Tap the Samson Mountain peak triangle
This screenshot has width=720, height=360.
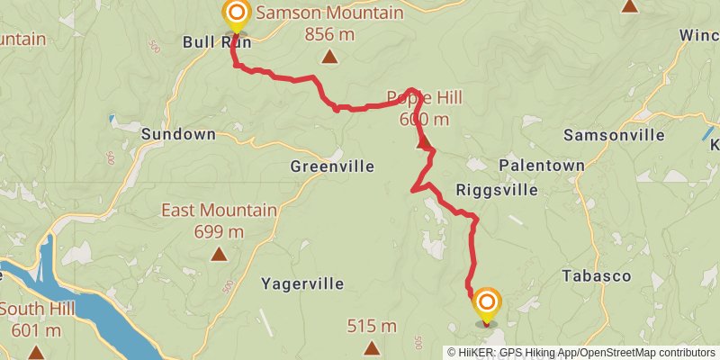[330, 58]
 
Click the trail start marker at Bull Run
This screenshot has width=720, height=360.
[236, 13]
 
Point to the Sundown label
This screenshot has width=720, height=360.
[178, 134]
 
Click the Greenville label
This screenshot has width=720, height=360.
[332, 166]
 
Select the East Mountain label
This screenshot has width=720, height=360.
[219, 211]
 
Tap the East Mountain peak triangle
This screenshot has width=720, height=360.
[219, 255]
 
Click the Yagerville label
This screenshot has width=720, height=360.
[302, 283]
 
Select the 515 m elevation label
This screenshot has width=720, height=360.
[372, 326]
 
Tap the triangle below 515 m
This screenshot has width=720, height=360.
[372, 347]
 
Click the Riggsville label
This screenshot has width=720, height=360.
[497, 190]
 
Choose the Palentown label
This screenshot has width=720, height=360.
[542, 166]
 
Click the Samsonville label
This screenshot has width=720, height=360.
[614, 135]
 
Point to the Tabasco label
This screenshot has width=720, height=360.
[596, 275]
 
